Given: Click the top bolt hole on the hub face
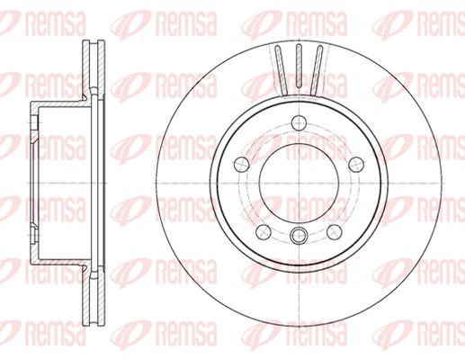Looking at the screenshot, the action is click(x=299, y=122).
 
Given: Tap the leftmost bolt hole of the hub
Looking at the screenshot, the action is click(x=241, y=165).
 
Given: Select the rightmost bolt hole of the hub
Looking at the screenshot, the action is click(x=356, y=165).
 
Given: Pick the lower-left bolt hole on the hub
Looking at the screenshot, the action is click(x=264, y=232).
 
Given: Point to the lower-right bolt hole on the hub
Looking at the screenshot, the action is click(x=335, y=232).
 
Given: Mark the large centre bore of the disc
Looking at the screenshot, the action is click(x=299, y=183).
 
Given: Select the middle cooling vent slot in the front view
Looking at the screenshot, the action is click(x=299, y=66).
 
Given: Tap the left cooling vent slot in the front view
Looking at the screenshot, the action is click(x=282, y=70).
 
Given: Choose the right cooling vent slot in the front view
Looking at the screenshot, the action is click(x=316, y=70).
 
